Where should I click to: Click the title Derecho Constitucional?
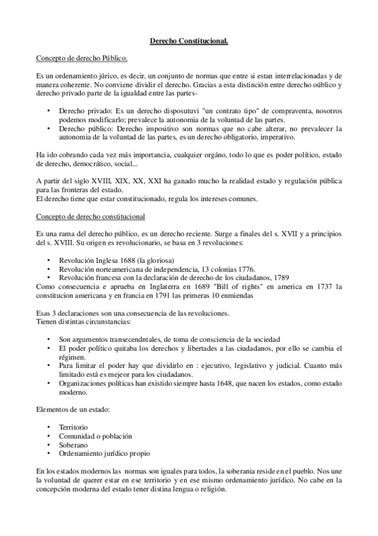tap(189, 42)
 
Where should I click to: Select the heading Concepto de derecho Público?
tap(82, 59)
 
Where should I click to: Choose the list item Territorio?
tap(74, 428)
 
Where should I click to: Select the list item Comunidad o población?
tap(92, 436)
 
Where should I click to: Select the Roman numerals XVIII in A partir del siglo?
tap(95, 181)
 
